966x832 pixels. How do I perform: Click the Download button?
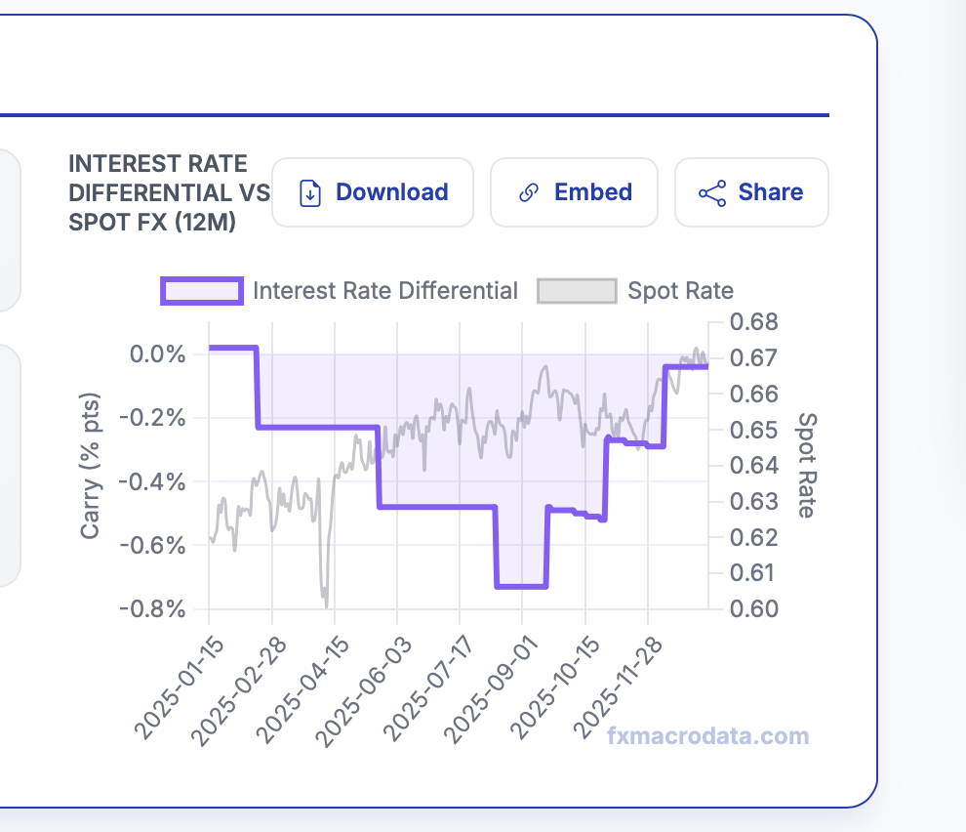point(373,192)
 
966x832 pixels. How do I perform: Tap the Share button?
point(751,192)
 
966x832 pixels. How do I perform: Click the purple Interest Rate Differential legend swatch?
point(202,290)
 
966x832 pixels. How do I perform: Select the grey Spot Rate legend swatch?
point(577,290)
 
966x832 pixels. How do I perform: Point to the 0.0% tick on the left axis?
point(157,354)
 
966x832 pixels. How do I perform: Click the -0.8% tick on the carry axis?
point(153,608)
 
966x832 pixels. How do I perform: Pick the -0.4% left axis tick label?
point(153,481)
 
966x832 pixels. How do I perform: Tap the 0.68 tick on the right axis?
point(754,322)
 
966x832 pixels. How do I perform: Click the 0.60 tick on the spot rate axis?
point(754,608)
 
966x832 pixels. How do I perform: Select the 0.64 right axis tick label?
point(754,465)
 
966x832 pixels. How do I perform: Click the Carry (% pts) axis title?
point(91,467)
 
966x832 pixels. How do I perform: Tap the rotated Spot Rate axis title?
point(806,465)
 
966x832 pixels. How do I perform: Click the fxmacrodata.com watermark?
point(707,736)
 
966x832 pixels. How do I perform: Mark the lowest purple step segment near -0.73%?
point(521,586)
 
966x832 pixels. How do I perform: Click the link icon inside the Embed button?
point(529,192)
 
